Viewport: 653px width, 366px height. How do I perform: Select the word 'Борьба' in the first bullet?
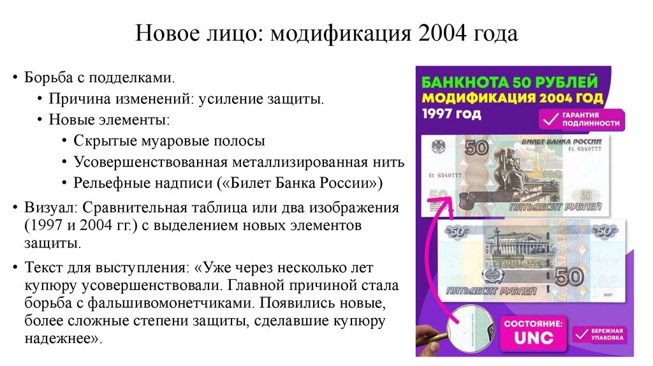pos(47,78)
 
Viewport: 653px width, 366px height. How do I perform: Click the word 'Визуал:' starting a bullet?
pos(47,208)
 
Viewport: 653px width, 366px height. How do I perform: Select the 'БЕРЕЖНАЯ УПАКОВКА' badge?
pos(599,335)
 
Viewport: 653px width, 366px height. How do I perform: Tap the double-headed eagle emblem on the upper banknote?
pos(438,146)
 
